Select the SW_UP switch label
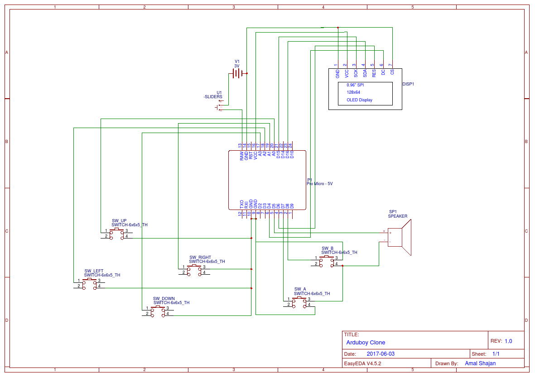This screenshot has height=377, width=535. pyautogui.click(x=119, y=221)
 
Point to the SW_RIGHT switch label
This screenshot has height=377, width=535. pyautogui.click(x=200, y=258)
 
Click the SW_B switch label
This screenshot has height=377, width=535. pyautogui.click(x=328, y=248)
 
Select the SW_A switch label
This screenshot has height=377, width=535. pyautogui.click(x=300, y=289)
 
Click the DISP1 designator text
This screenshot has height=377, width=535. pyautogui.click(x=408, y=84)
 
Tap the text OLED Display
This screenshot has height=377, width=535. pyautogui.click(x=359, y=100)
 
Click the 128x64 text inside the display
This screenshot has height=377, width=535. pyautogui.click(x=353, y=92)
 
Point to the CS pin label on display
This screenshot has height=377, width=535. pyautogui.click(x=392, y=72)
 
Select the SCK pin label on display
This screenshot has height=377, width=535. pyautogui.click(x=356, y=73)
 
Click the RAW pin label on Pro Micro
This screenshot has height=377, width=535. pyautogui.click(x=241, y=156)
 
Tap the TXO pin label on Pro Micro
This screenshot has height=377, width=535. pyautogui.click(x=241, y=204)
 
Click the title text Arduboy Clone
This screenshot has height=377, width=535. pyautogui.click(x=366, y=343)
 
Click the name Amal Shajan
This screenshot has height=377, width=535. pyautogui.click(x=480, y=363)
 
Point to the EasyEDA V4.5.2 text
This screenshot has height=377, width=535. pyautogui.click(x=362, y=363)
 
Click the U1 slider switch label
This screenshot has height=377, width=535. pyautogui.click(x=219, y=92)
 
